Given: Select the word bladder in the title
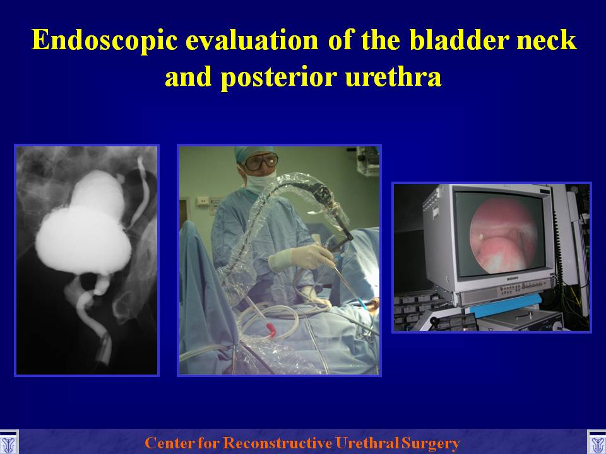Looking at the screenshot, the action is tap(460, 40).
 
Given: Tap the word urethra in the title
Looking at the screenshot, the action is tap(393, 76).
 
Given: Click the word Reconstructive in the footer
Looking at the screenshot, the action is tap(278, 443).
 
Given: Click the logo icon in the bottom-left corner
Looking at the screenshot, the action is tap(8, 443).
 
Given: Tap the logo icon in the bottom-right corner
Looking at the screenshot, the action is tap(597, 443).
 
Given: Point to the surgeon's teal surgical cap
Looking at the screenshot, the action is tap(253, 153).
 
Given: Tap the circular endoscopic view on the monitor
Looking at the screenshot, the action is tap(503, 236).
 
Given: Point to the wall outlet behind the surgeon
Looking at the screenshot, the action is tap(203, 201).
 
